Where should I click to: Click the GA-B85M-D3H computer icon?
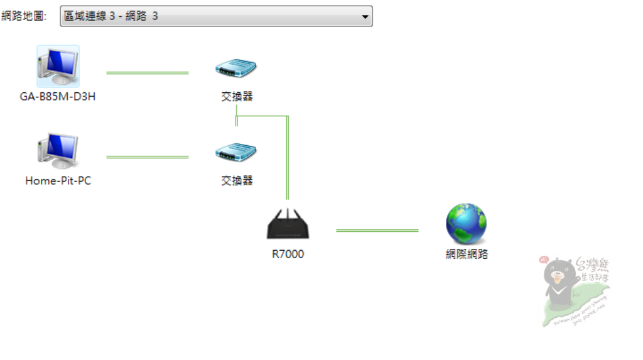coord(58,66)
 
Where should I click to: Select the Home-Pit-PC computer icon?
coord(58,151)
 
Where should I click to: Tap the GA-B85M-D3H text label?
coord(58,97)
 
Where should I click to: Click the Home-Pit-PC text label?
coord(58,181)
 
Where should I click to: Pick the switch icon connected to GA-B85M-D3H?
coord(237,68)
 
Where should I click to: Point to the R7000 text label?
coord(288,254)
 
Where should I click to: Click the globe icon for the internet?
coord(466,224)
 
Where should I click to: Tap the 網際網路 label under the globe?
coord(466,254)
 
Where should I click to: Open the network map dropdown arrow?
coord(365,16)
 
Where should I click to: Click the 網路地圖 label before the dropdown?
coord(24,16)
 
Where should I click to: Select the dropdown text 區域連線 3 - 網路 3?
coord(111,16)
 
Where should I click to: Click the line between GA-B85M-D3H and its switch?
coord(148,73)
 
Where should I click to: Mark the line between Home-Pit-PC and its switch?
coord(148,157)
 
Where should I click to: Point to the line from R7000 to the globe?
coord(377,231)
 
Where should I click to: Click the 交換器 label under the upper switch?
coord(237,97)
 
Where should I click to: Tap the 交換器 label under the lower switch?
coord(237,181)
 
